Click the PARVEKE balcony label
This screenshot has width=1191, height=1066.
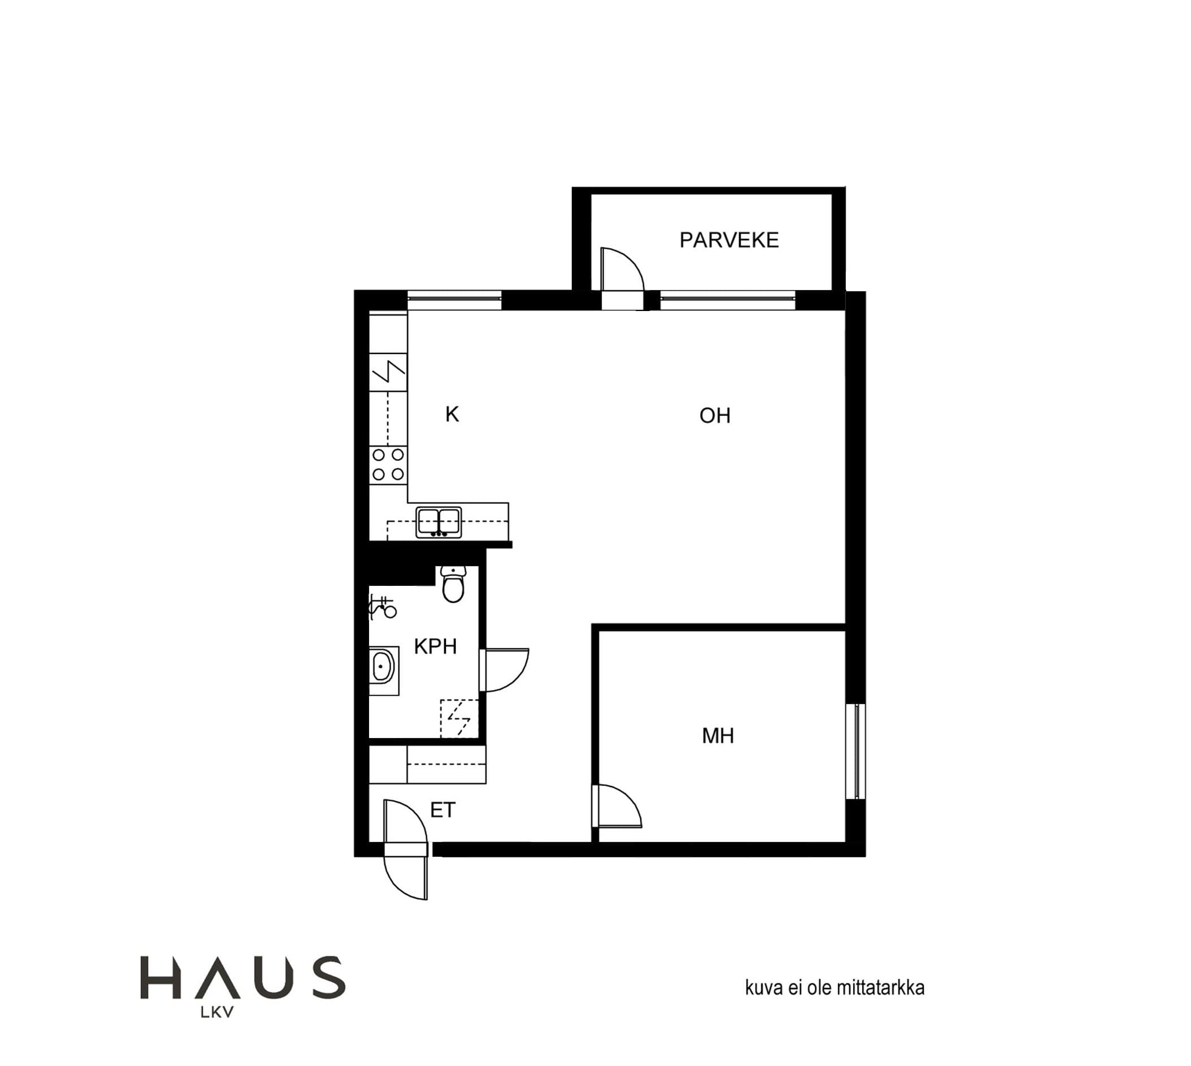[729, 240]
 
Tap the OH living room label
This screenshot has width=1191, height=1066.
[714, 416]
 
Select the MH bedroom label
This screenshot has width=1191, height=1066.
[717, 736]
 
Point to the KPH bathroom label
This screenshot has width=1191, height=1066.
[435, 646]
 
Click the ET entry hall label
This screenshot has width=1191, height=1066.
[443, 810]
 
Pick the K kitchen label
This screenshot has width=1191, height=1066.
[452, 415]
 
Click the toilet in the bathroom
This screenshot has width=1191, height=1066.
[453, 584]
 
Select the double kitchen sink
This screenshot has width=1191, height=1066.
[439, 523]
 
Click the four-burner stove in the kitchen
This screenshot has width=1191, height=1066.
[388, 464]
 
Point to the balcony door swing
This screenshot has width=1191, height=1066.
[623, 269]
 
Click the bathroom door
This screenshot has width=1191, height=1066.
[504, 670]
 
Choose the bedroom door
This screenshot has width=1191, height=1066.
[617, 806]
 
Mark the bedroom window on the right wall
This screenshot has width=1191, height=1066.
[856, 752]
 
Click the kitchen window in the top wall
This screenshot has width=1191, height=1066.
[454, 299]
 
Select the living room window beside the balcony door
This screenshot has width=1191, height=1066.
[727, 299]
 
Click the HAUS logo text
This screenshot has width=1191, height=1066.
[243, 978]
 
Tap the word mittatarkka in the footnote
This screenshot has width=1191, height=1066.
[880, 987]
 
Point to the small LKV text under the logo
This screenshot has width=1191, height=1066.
[217, 1012]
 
